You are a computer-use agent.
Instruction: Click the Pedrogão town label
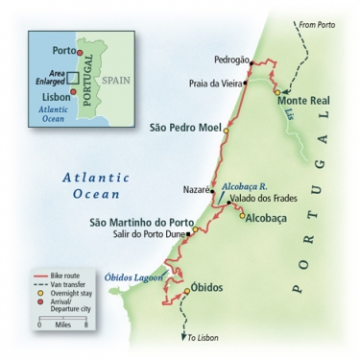click(219, 60)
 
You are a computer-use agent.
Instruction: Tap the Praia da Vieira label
click(214, 84)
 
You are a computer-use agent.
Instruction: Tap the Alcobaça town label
click(267, 217)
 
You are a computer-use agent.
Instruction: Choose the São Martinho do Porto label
click(151, 222)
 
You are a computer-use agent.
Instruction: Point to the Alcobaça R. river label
click(240, 181)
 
